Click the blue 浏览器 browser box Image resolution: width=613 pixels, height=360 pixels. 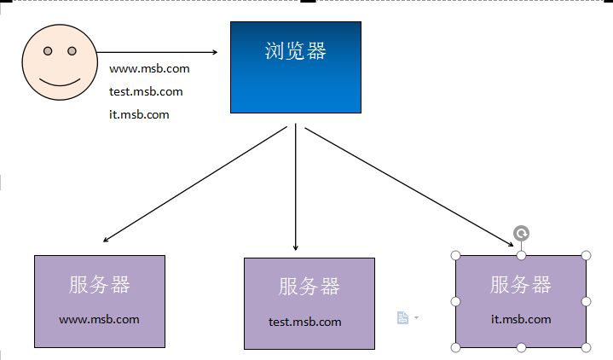coord(296,67)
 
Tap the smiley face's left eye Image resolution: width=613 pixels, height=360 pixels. coord(48,51)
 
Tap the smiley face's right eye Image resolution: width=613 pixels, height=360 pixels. coord(72,51)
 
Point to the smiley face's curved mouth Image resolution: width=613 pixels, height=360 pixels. coord(60,84)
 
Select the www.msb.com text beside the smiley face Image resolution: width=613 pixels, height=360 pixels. coord(149,69)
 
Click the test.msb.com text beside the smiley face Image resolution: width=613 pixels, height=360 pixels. coord(146,91)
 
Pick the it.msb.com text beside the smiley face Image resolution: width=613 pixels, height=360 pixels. coord(139,114)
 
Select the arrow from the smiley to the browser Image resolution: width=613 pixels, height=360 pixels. coord(157,52)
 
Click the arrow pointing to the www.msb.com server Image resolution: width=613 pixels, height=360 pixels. coord(195,184)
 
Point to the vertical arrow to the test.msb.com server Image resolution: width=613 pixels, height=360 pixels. coord(296,187)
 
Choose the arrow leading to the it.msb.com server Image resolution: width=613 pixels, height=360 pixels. coord(409,187)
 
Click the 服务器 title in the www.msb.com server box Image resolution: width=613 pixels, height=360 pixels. coord(99,284)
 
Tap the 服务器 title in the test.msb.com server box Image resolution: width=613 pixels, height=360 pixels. coord(309,287)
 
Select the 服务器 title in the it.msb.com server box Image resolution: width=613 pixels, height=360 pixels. coord(521,284)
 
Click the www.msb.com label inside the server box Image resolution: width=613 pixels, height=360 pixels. coord(99,320)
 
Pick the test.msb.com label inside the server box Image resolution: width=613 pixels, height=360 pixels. coord(305,322)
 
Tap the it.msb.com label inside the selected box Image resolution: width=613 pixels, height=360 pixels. coord(521,320)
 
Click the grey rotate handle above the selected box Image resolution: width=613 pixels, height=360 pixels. coord(521,234)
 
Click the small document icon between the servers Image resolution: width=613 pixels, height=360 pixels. coord(402,317)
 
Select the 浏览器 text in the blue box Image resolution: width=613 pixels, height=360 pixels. coord(296,51)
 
